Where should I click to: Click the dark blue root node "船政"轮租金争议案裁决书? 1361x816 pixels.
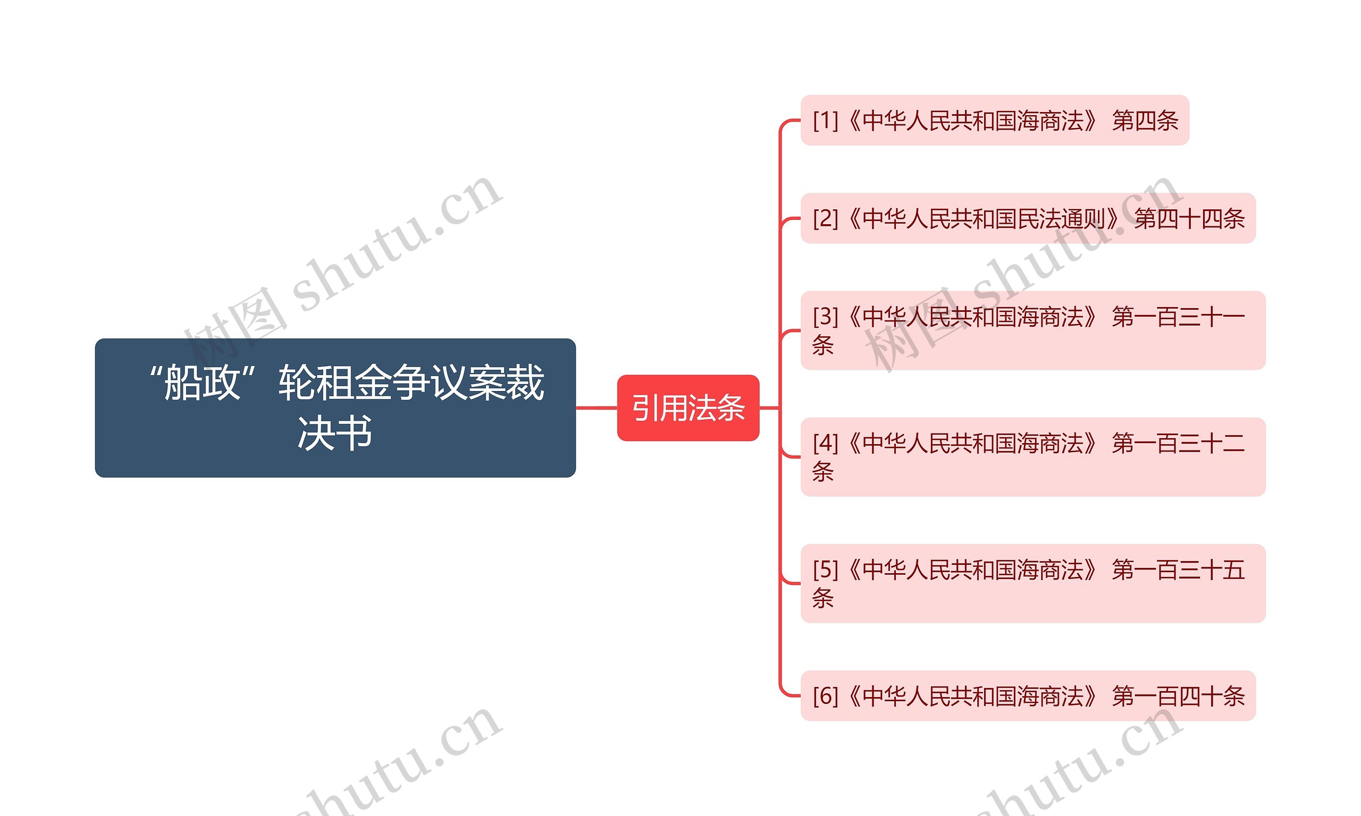click(335, 407)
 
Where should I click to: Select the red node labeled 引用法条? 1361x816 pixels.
click(687, 408)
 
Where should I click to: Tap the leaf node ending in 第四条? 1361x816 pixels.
click(994, 121)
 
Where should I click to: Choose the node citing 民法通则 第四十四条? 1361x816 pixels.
click(1027, 218)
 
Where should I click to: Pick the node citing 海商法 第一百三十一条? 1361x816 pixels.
click(1032, 330)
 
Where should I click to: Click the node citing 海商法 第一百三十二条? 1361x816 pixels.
click(1032, 456)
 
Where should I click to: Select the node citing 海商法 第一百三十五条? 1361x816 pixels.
click(1032, 583)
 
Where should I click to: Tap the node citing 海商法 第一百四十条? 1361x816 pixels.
click(1027, 695)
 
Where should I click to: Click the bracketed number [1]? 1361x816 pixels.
click(825, 121)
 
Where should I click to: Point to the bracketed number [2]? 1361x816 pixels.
click(825, 218)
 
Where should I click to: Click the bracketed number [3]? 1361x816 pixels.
click(825, 316)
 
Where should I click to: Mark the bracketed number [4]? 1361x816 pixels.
click(825, 443)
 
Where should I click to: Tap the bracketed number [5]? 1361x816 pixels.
click(825, 569)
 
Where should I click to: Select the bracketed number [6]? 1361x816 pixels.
click(825, 695)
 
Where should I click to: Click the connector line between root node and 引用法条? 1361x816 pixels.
click(597, 408)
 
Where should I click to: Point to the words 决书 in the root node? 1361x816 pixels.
click(335, 433)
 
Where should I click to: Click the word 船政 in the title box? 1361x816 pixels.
click(202, 382)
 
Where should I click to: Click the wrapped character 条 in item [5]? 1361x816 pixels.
click(823, 598)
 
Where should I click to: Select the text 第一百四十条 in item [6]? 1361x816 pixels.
click(1178, 695)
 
